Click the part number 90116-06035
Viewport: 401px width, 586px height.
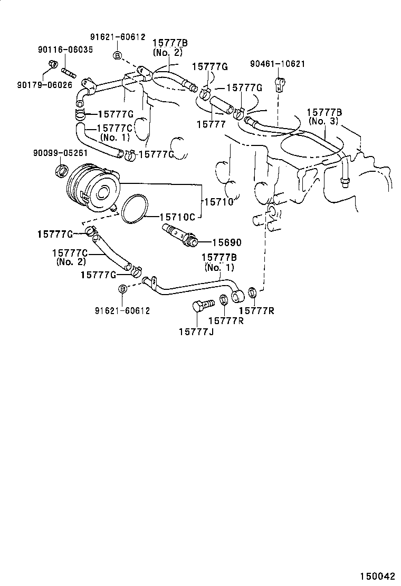65,50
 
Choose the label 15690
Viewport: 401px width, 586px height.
226,242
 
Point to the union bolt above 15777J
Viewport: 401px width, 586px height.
202,305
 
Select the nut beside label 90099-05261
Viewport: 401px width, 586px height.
62,170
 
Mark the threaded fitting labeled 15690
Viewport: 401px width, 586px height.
180,235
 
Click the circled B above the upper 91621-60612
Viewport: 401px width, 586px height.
118,55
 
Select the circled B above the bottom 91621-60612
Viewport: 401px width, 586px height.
122,289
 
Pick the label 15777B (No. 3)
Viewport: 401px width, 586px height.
324,116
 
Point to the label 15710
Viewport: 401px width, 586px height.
218,202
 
